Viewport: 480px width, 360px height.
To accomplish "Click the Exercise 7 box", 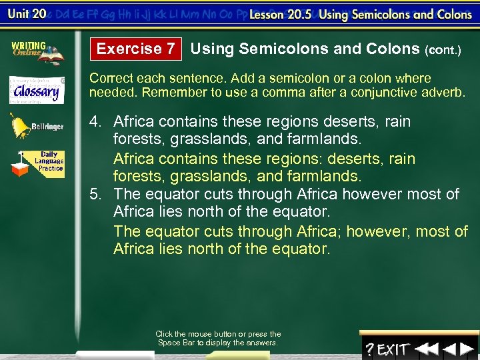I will [x=136, y=49].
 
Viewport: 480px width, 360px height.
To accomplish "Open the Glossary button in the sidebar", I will [x=37, y=90].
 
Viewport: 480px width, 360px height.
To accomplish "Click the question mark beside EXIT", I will [x=369, y=349].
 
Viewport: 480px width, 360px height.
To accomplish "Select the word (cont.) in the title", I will [x=443, y=50].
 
